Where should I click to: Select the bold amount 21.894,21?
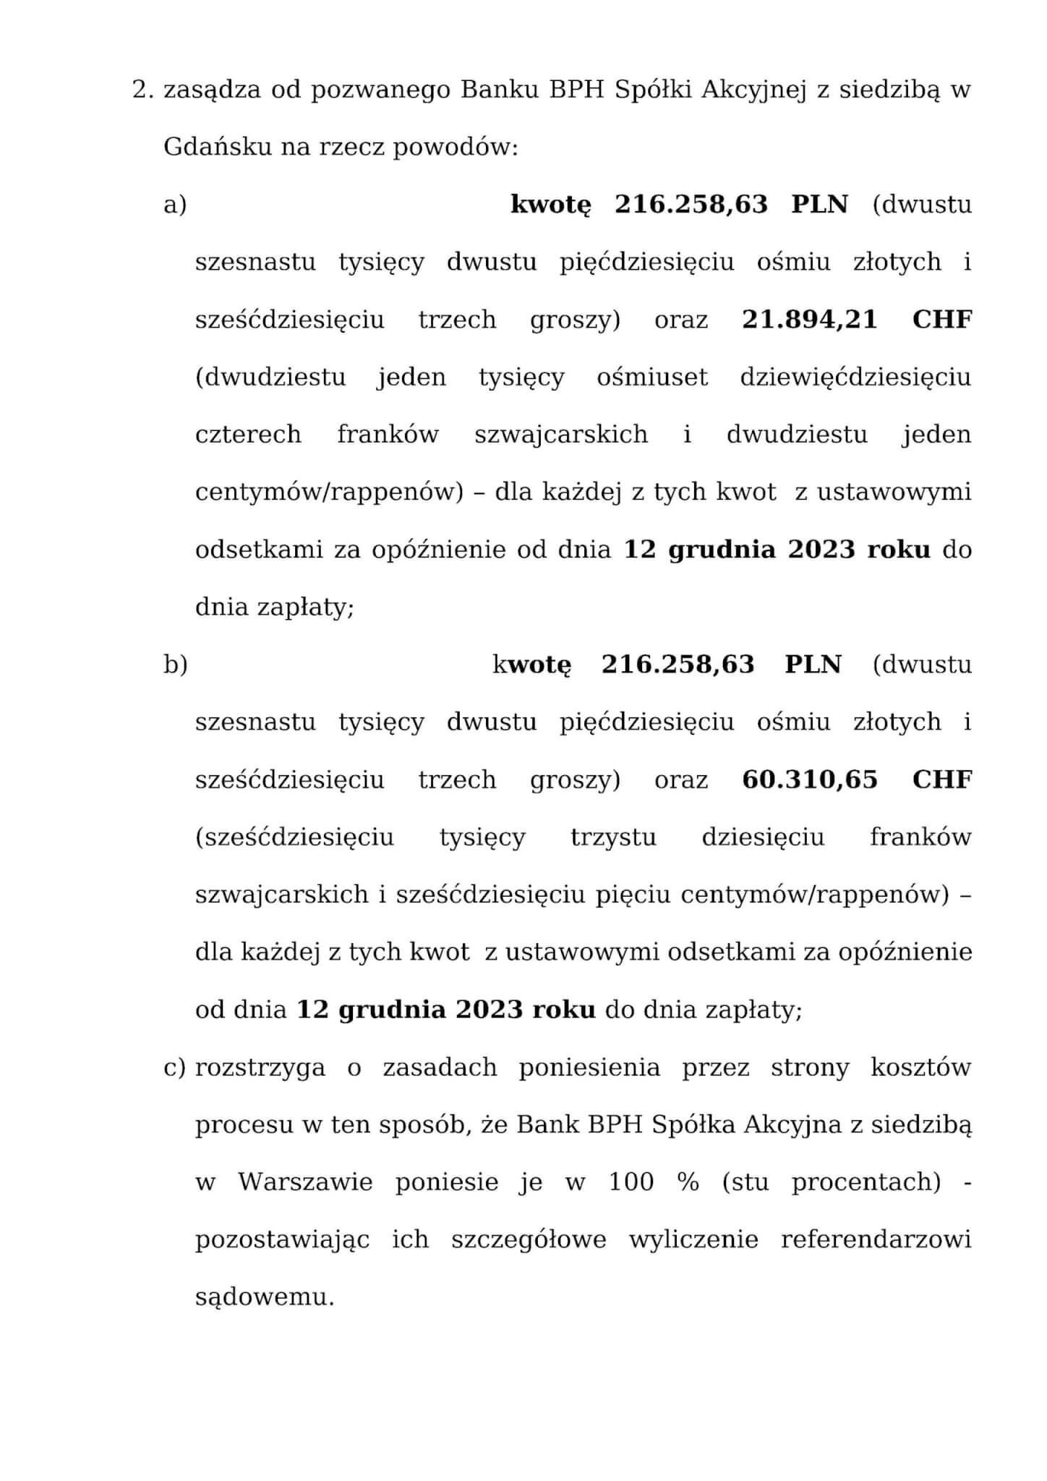click(x=809, y=320)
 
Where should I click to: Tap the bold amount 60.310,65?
click(x=809, y=780)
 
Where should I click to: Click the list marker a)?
click(x=175, y=205)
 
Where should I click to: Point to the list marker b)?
click(x=175, y=665)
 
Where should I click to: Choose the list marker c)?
click(x=175, y=1067)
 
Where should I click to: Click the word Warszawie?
click(x=305, y=1182)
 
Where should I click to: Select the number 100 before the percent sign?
click(x=631, y=1182)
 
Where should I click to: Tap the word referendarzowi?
click(x=876, y=1240)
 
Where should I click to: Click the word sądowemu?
click(x=265, y=1297)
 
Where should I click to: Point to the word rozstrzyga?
click(x=260, y=1068)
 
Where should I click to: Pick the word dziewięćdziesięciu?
click(x=855, y=377)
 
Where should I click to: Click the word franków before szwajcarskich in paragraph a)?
click(x=388, y=435)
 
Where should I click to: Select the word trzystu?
click(x=613, y=837)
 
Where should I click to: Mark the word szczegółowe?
click(x=529, y=1240)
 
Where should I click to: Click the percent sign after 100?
click(x=688, y=1182)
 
